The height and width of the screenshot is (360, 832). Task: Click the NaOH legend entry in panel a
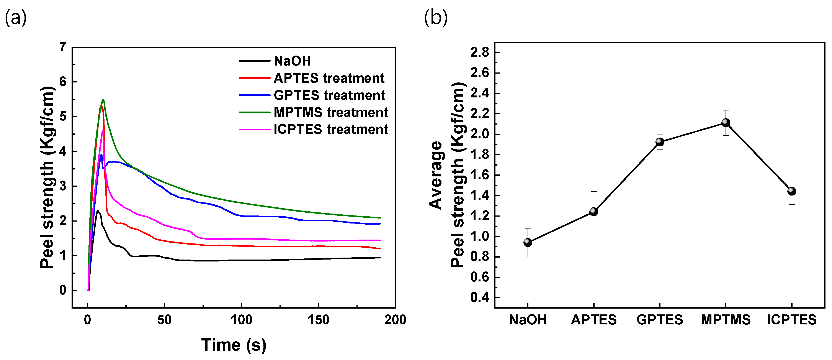[292, 61]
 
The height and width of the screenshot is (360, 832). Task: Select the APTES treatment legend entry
[329, 78]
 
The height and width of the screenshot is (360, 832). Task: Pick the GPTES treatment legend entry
[329, 95]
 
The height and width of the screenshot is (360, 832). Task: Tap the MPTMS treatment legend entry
[331, 112]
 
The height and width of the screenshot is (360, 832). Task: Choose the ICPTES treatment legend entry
[331, 129]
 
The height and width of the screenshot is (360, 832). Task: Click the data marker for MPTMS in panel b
[726, 122]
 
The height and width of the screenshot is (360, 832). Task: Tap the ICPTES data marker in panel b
[792, 191]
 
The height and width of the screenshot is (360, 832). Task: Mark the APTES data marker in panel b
[594, 211]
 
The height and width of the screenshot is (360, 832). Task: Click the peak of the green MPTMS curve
[103, 100]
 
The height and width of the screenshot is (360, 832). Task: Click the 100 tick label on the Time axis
[241, 320]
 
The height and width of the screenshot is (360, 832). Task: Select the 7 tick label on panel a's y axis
[63, 47]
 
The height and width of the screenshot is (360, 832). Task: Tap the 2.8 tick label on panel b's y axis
[480, 52]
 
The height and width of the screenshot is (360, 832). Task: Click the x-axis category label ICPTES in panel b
[792, 320]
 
